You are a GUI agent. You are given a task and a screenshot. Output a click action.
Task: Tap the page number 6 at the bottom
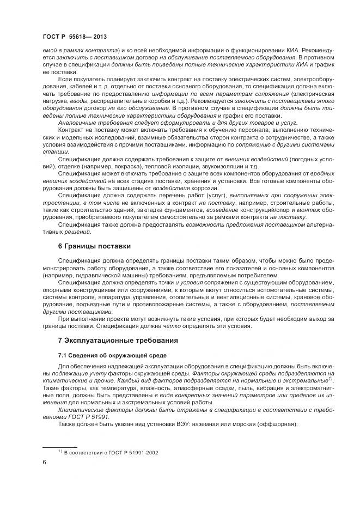point(44,462)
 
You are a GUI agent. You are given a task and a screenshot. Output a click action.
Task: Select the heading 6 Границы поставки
point(94,246)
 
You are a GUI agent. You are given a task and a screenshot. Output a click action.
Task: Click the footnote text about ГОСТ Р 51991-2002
point(104,452)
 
